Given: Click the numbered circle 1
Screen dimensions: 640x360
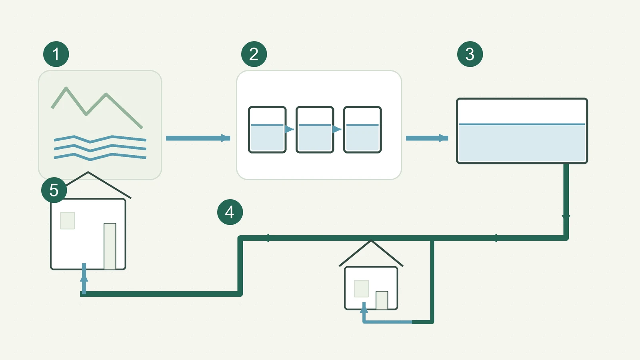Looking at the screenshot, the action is click(56, 54).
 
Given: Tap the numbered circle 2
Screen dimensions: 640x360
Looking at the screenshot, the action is click(254, 54).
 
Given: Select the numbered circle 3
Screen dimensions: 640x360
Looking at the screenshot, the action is click(470, 54).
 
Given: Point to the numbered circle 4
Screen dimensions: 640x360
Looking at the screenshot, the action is click(230, 212).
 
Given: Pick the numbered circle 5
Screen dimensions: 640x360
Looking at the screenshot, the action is click(54, 190).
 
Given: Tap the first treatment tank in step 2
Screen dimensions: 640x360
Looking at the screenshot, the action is click(267, 130).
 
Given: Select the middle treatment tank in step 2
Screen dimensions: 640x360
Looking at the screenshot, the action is click(315, 130).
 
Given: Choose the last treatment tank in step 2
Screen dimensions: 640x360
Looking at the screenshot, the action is click(362, 130).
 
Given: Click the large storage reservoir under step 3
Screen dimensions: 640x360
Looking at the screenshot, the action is click(522, 131).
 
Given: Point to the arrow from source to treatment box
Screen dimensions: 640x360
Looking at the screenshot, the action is click(198, 138).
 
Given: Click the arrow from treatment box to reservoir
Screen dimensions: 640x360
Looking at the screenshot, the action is click(427, 138).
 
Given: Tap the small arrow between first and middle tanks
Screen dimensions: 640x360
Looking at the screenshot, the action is click(289, 129).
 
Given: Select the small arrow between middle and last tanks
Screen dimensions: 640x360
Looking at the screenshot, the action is click(336, 129).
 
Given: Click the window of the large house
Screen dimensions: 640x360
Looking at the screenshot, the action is click(68, 220).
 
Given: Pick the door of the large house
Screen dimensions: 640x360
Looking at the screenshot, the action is click(110, 246).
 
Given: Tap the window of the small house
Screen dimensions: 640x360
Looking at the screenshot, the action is click(362, 288).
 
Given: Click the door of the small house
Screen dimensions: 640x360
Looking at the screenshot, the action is click(382, 300).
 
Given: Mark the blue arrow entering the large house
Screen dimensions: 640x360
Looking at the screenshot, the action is click(84, 278).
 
